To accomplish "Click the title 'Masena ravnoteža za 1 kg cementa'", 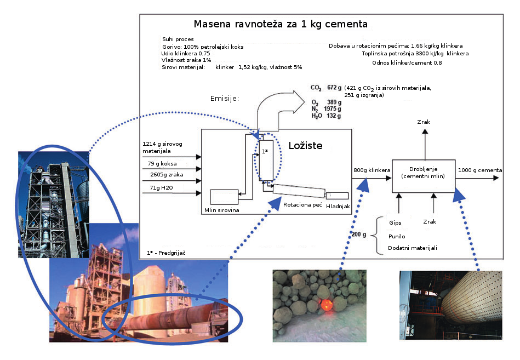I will click(x=281, y=25).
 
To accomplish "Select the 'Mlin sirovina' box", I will click(x=224, y=197).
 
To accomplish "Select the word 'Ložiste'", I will click(x=306, y=146).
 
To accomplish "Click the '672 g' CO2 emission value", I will click(x=334, y=88).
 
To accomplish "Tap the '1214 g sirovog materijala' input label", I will click(x=159, y=147).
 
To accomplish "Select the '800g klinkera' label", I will click(x=372, y=170).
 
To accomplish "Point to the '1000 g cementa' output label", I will click(x=480, y=170).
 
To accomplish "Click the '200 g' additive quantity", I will click(x=359, y=235).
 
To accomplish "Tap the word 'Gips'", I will click(x=396, y=224).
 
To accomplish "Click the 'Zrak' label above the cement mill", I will click(x=423, y=122).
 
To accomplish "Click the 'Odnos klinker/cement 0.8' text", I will click(x=407, y=63).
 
